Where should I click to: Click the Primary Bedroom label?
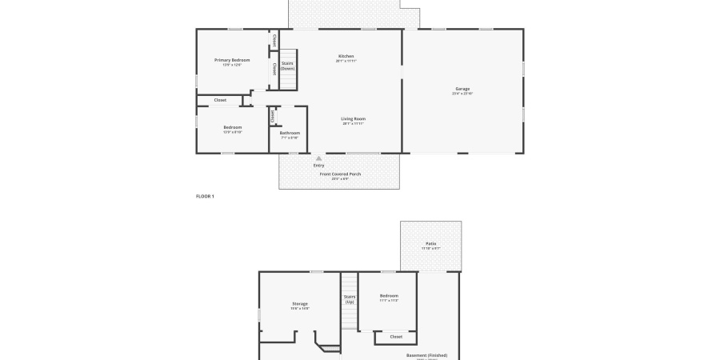pyautogui.click(x=232, y=60)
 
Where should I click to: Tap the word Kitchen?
pyautogui.click(x=346, y=56)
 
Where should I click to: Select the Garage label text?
pyautogui.click(x=462, y=88)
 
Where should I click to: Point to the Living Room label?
pyautogui.click(x=353, y=118)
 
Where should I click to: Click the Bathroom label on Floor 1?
pyautogui.click(x=290, y=133)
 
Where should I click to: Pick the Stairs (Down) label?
pyautogui.click(x=287, y=66)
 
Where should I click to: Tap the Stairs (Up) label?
pyautogui.click(x=350, y=298)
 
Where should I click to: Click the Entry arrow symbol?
pyautogui.click(x=319, y=158)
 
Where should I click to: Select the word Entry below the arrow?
pyautogui.click(x=319, y=166)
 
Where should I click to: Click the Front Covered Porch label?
pyautogui.click(x=340, y=174)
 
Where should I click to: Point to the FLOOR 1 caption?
pyautogui.click(x=205, y=196)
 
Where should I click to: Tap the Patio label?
pyautogui.click(x=430, y=244)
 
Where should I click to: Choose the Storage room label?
pyautogui.click(x=300, y=303)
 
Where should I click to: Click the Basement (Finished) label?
pyautogui.click(x=426, y=355)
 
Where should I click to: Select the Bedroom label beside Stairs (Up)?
pyautogui.click(x=389, y=296)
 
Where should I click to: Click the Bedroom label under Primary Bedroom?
pyautogui.click(x=232, y=126)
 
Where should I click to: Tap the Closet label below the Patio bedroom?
pyautogui.click(x=396, y=337)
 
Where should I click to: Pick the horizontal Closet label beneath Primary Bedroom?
pyautogui.click(x=220, y=100)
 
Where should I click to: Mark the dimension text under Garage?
pyautogui.click(x=462, y=94)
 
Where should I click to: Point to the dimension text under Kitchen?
pyautogui.click(x=346, y=61)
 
